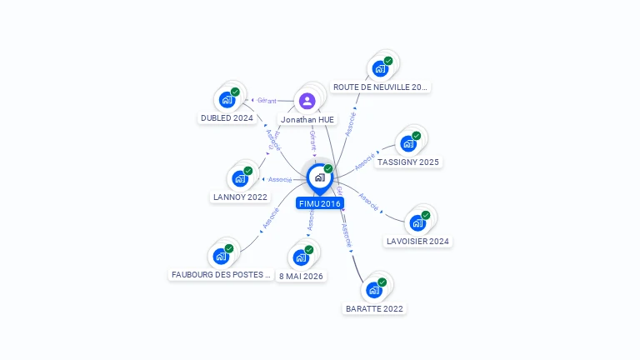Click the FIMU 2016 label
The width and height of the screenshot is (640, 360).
click(319, 203)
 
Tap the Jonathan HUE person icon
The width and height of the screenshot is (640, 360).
click(307, 102)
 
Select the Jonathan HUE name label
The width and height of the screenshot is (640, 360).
click(307, 119)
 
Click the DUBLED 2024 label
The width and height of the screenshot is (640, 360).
click(227, 118)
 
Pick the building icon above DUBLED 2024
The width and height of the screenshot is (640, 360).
click(227, 99)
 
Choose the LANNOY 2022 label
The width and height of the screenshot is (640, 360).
click(240, 197)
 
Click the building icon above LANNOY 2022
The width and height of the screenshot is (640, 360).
click(240, 178)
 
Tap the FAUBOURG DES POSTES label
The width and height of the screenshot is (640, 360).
click(222, 274)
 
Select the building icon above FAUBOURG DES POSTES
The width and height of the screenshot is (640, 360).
click(222, 256)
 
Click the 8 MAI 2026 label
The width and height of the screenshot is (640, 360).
click(302, 276)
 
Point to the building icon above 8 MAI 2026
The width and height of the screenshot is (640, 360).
click(302, 257)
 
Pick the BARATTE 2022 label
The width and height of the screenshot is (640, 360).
click(374, 308)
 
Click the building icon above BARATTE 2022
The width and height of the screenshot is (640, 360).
click(374, 290)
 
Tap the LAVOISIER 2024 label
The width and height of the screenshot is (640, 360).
click(418, 242)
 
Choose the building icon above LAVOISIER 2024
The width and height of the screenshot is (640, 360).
click(417, 222)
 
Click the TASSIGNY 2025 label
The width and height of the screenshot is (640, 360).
click(408, 162)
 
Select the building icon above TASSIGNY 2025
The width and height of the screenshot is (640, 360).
click(408, 143)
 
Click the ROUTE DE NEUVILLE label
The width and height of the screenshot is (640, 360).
click(380, 87)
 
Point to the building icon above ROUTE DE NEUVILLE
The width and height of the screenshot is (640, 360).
click(380, 67)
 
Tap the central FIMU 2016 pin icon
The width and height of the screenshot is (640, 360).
click(319, 177)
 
